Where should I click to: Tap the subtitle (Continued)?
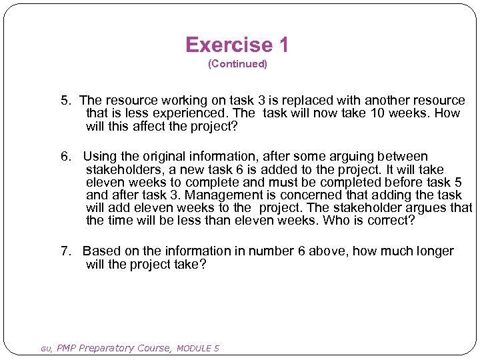(x=237, y=64)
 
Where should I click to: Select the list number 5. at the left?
(x=66, y=101)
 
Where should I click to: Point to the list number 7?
(x=66, y=251)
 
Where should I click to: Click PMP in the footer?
(x=67, y=348)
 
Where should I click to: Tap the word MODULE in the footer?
(x=195, y=348)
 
